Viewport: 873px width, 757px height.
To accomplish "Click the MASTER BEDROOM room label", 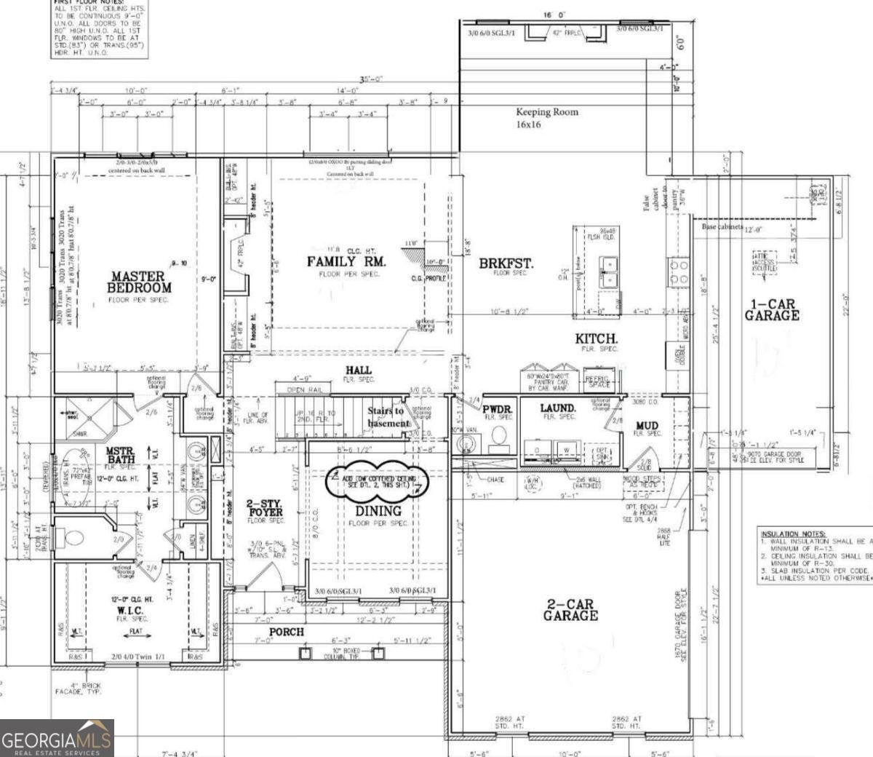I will pyautogui.click(x=141, y=282).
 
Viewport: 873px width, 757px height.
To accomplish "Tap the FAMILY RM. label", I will pyautogui.click(x=346, y=261).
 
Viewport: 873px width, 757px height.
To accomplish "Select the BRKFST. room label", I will pyautogui.click(x=506, y=263).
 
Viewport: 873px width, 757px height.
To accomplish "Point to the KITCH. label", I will pyautogui.click(x=597, y=338).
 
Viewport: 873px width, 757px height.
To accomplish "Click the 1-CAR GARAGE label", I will pyautogui.click(x=772, y=310).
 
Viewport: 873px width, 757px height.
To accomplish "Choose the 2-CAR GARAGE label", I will pyautogui.click(x=570, y=610).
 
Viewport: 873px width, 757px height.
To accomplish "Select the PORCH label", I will pyautogui.click(x=287, y=631).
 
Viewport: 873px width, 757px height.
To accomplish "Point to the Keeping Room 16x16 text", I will pyautogui.click(x=547, y=117).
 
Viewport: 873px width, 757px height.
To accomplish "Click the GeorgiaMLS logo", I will pyautogui.click(x=57, y=738).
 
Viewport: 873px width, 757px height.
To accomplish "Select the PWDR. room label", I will pyautogui.click(x=498, y=409).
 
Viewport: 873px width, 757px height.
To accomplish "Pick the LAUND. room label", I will pyautogui.click(x=558, y=408).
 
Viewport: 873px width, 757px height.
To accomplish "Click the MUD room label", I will pyautogui.click(x=647, y=426).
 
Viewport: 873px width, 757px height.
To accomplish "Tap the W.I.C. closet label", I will pyautogui.click(x=131, y=610).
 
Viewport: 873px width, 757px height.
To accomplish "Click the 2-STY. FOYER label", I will pyautogui.click(x=264, y=508).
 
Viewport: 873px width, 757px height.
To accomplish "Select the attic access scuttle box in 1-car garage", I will pyautogui.click(x=765, y=263).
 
